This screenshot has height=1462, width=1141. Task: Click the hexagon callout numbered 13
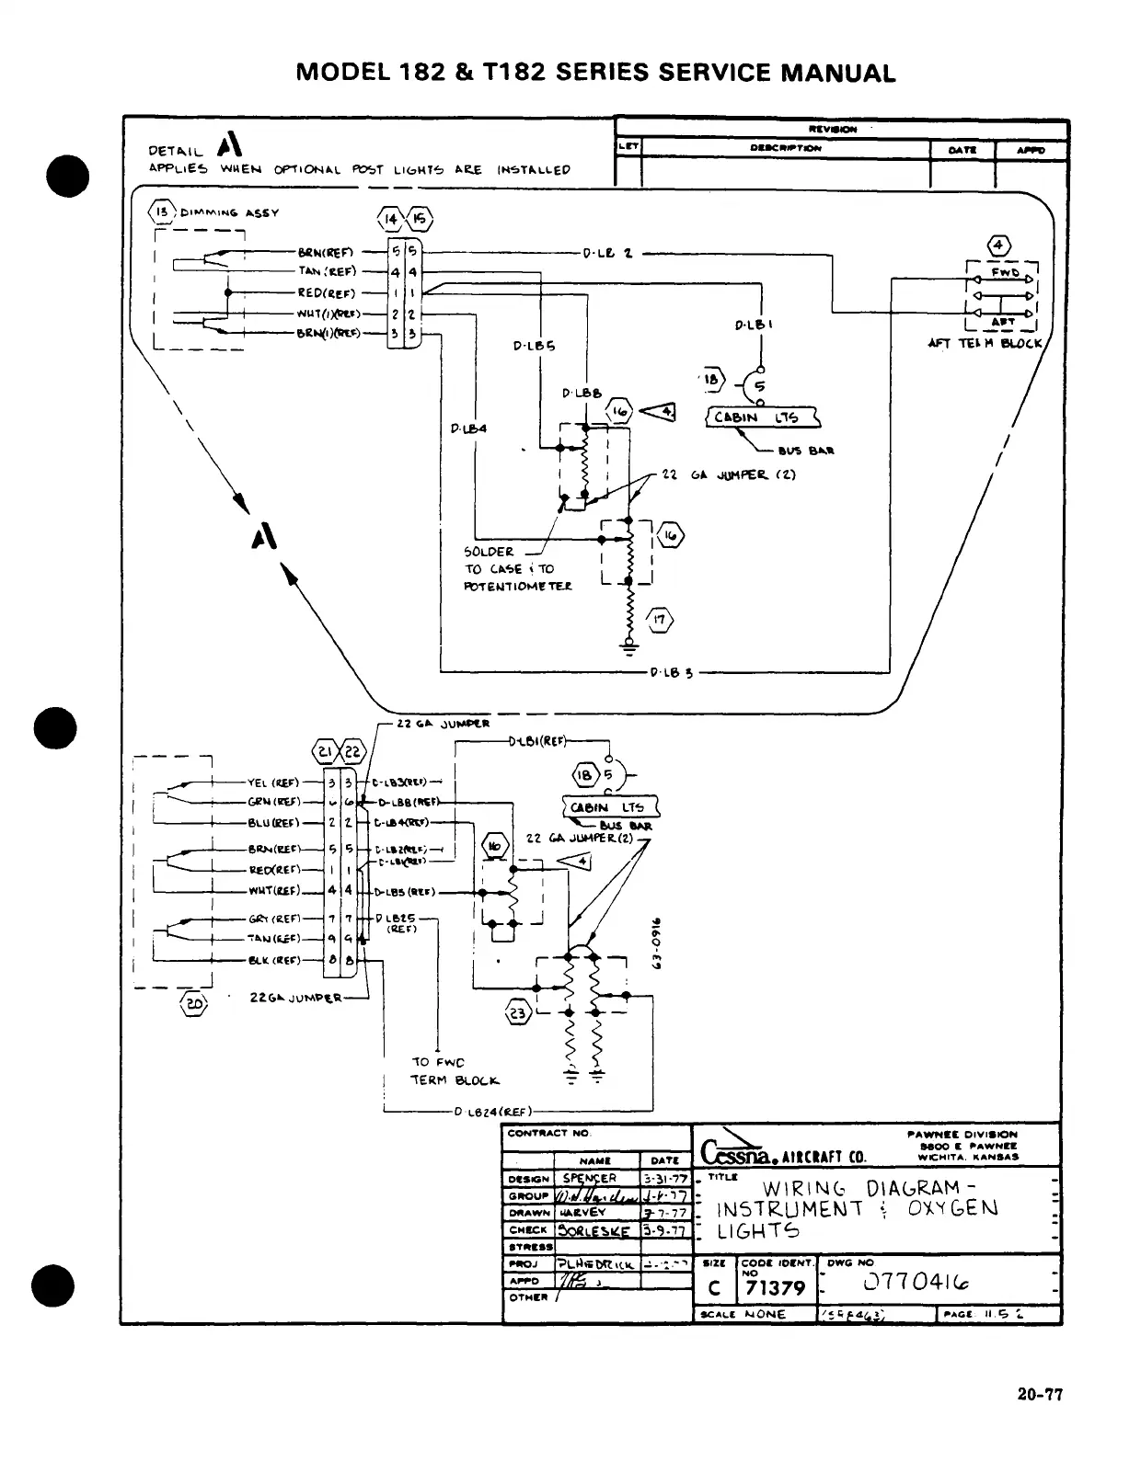[162, 212]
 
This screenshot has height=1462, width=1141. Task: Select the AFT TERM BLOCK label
[984, 344]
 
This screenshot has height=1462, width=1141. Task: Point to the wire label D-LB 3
[671, 672]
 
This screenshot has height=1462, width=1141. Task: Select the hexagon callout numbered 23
[518, 1013]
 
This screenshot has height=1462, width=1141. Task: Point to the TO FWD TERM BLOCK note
[455, 1071]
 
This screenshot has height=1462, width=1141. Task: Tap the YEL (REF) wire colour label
[273, 783]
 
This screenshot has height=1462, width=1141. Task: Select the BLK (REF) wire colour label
[274, 961]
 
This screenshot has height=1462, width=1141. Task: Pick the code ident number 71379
[774, 1288]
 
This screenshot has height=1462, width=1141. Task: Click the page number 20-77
[1039, 1395]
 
